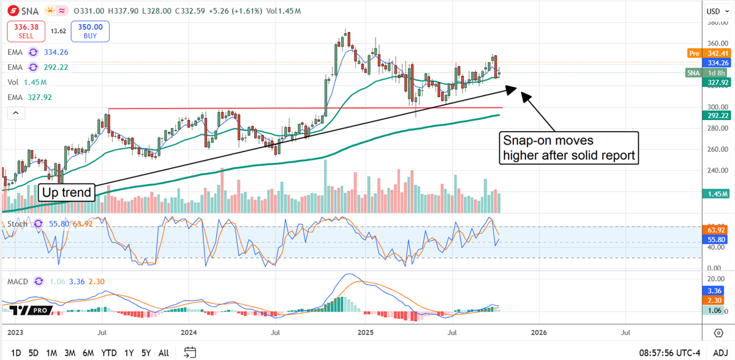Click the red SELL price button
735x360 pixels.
pyautogui.click(x=25, y=31)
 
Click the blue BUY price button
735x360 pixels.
pyautogui.click(x=91, y=31)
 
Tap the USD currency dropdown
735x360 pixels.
pyautogui.click(x=713, y=11)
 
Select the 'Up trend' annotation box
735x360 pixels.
pyautogui.click(x=66, y=192)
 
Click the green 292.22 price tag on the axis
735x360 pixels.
pyautogui.click(x=718, y=115)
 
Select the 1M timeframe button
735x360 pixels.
pyautogui.click(x=51, y=353)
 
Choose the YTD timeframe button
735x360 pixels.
pyautogui.click(x=109, y=353)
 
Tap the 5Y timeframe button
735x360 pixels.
pyautogui.click(x=146, y=353)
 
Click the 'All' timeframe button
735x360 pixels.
pyautogui.click(x=164, y=353)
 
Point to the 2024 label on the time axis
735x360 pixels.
pyautogui.click(x=189, y=332)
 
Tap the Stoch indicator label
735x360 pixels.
pyautogui.click(x=17, y=224)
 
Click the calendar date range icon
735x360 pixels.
pyautogui.click(x=190, y=352)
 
